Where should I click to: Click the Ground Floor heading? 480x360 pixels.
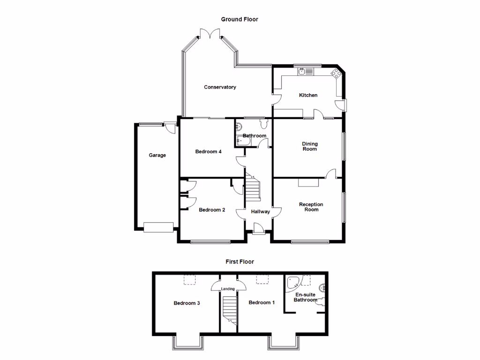point(240,19)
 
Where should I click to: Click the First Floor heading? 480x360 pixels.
point(240,262)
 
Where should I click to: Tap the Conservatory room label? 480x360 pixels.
point(220,87)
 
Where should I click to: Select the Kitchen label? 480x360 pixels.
point(308,95)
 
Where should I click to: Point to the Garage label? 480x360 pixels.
point(157,155)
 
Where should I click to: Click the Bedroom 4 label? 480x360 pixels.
point(208,151)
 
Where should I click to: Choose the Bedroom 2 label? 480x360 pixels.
point(212,210)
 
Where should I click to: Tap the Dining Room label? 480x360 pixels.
point(309,146)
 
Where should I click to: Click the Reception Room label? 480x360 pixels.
point(311,207)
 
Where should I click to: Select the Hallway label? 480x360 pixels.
point(260,212)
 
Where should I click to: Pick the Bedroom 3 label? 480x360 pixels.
point(187,303)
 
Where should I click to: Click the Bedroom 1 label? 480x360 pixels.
point(262,303)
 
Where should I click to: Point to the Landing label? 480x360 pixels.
point(228,289)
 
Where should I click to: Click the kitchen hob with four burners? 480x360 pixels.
point(336,73)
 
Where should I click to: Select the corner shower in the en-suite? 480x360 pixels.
point(294,282)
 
